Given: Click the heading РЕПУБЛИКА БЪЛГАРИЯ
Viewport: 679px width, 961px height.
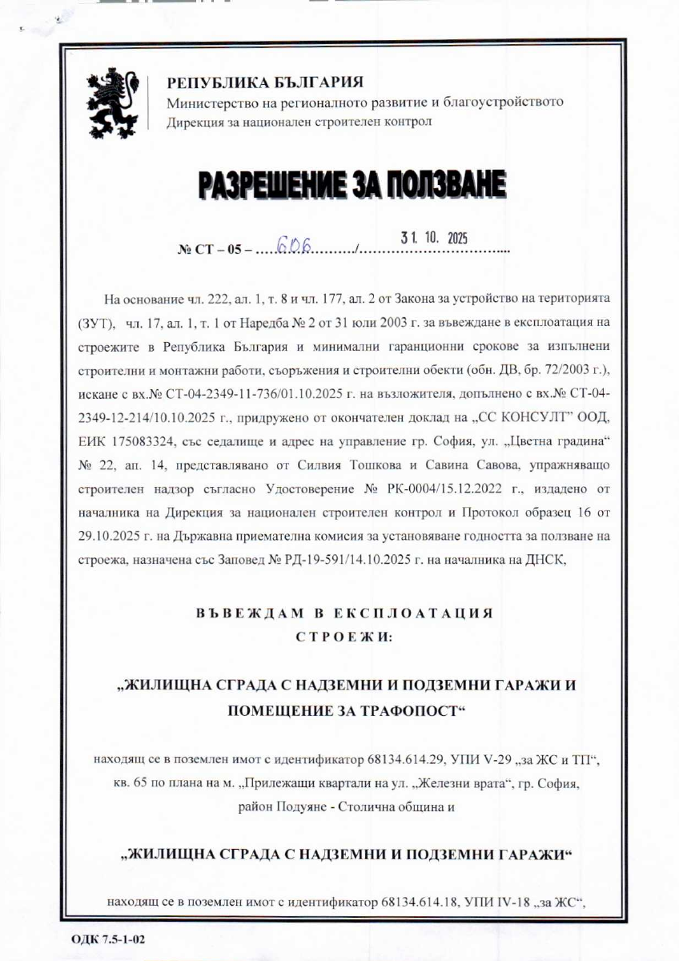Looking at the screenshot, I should coord(264,82).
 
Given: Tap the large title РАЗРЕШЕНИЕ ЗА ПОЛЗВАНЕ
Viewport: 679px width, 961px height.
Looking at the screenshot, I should coord(352,185).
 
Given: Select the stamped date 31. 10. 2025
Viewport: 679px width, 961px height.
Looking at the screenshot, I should coord(433,237).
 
